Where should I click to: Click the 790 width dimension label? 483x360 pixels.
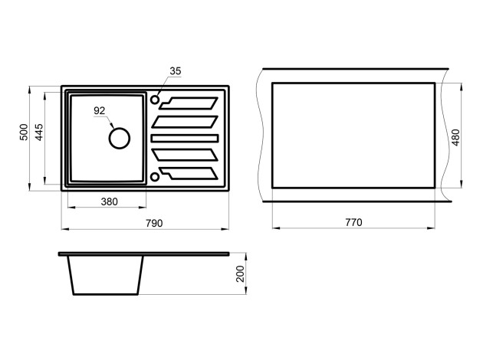click(154, 224)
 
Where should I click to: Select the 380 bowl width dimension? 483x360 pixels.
click(110, 202)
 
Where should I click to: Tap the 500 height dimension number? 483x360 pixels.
click(24, 133)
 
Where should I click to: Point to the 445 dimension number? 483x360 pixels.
click(39, 133)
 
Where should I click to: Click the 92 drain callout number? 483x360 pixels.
click(99, 110)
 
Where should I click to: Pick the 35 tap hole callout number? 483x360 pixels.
click(176, 71)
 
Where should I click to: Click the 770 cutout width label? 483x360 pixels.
click(353, 222)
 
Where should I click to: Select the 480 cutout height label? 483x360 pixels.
click(456, 138)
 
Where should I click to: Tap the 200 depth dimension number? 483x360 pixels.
click(240, 274)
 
